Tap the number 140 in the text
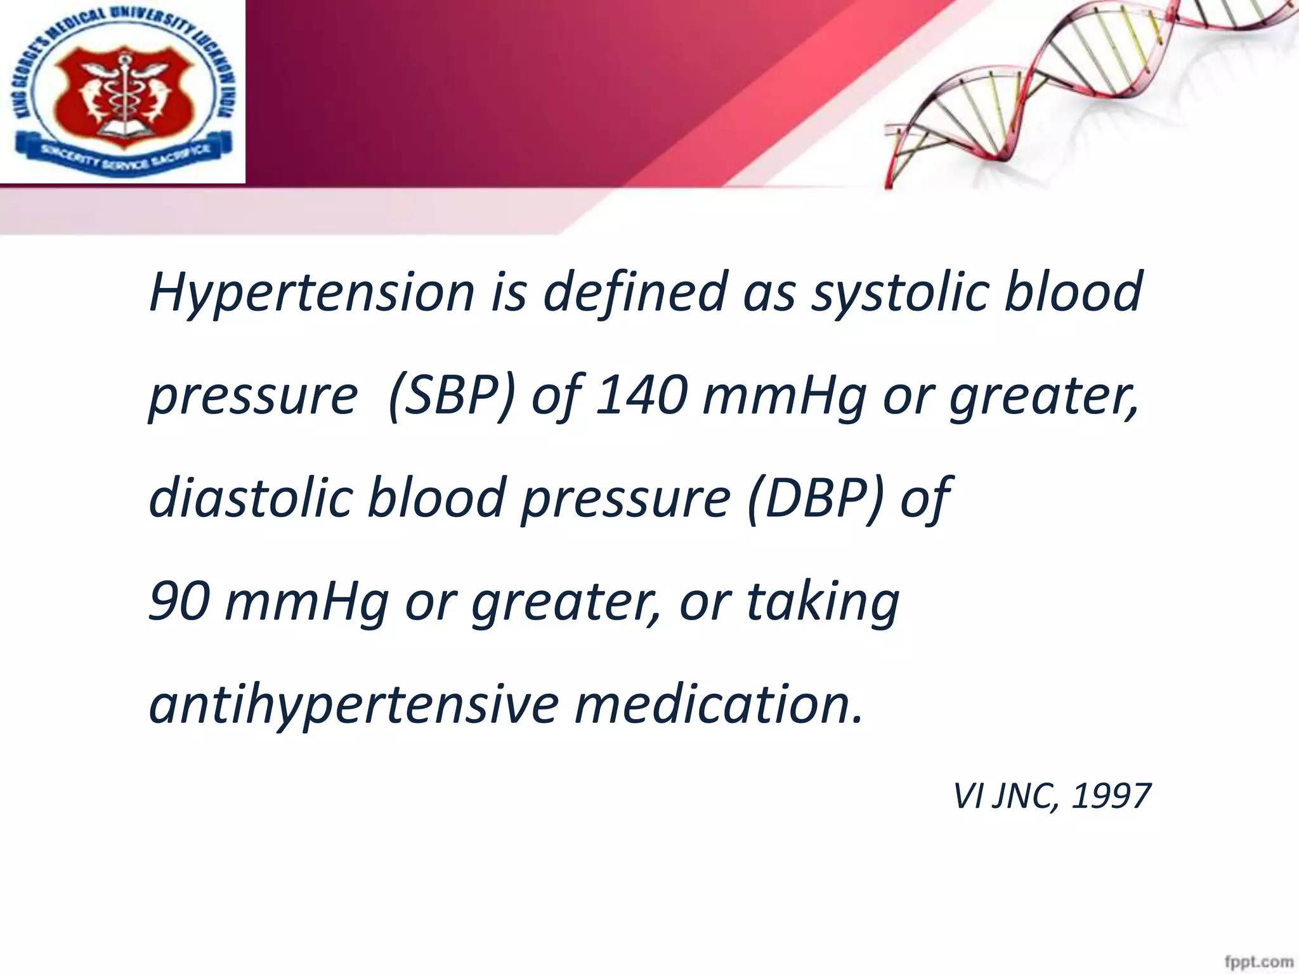pos(642,396)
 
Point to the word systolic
pos(899,293)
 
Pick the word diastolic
pos(251,498)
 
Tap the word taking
pos(823,602)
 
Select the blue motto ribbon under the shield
pos(124,154)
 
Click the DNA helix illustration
pos(1078,89)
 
